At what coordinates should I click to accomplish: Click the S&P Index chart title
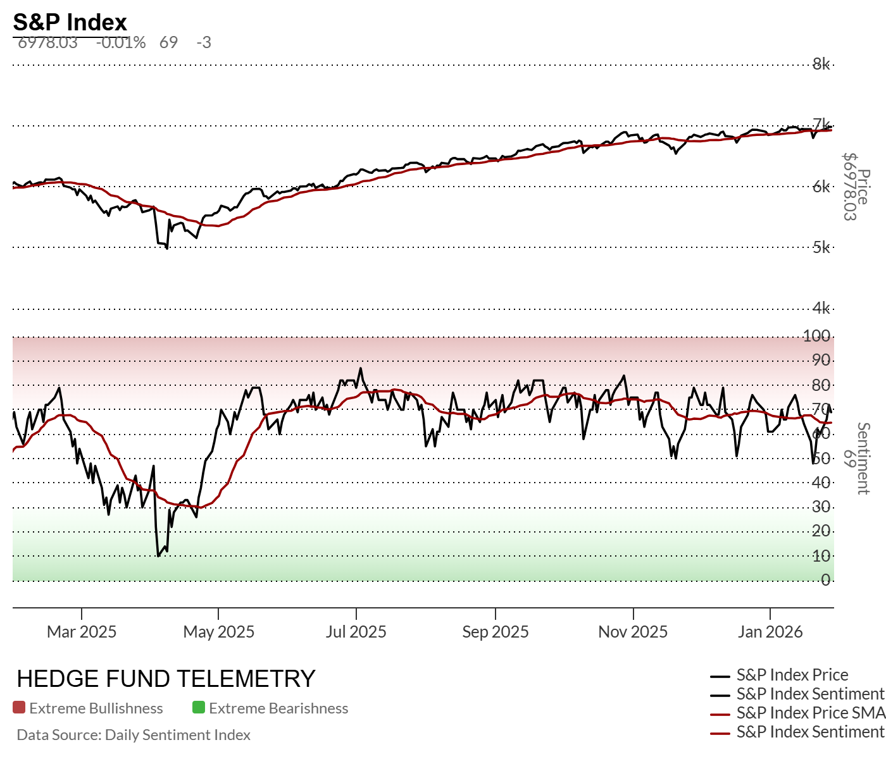[x=70, y=22]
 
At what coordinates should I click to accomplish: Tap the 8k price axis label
[x=821, y=64]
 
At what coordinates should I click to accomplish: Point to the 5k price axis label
[x=821, y=247]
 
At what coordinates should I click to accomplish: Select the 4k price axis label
[x=821, y=308]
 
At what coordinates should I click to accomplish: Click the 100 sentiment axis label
[x=816, y=336]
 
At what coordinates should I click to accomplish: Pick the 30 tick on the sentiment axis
[x=821, y=507]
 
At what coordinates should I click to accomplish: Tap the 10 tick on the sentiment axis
[x=821, y=556]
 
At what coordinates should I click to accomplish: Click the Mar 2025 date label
[x=82, y=632]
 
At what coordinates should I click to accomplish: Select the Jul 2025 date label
[x=356, y=632]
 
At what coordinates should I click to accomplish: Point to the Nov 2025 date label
[x=633, y=632]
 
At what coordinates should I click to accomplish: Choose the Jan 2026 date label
[x=770, y=632]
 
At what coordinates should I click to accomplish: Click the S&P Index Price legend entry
[x=792, y=675]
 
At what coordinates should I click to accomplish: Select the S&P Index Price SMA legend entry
[x=810, y=713]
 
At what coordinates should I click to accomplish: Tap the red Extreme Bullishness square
[x=19, y=708]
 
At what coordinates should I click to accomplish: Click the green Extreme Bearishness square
[x=199, y=708]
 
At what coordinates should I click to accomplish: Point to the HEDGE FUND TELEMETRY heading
[x=166, y=679]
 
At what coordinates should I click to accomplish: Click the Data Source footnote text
[x=134, y=735]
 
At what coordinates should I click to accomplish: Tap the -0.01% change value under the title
[x=121, y=42]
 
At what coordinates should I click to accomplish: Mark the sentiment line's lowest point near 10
[x=158, y=556]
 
